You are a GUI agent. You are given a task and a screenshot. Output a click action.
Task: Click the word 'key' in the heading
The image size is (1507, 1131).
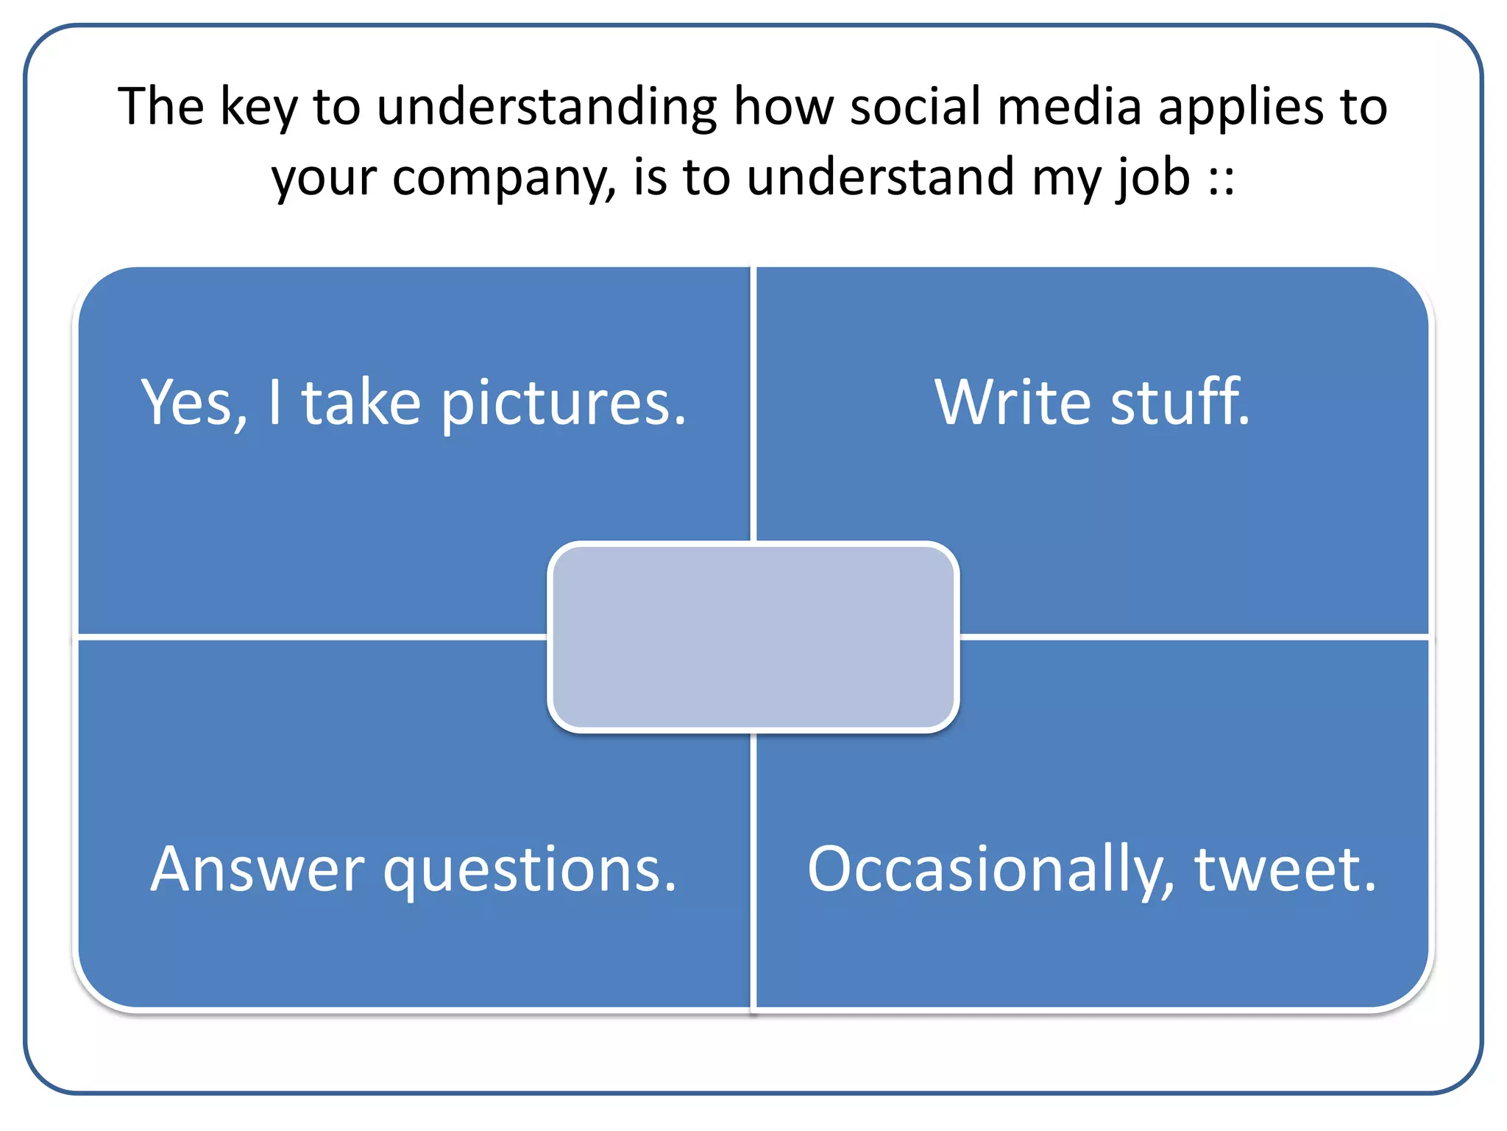click(x=258, y=108)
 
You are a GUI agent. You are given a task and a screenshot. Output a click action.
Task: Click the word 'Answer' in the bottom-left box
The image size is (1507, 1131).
click(x=258, y=870)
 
